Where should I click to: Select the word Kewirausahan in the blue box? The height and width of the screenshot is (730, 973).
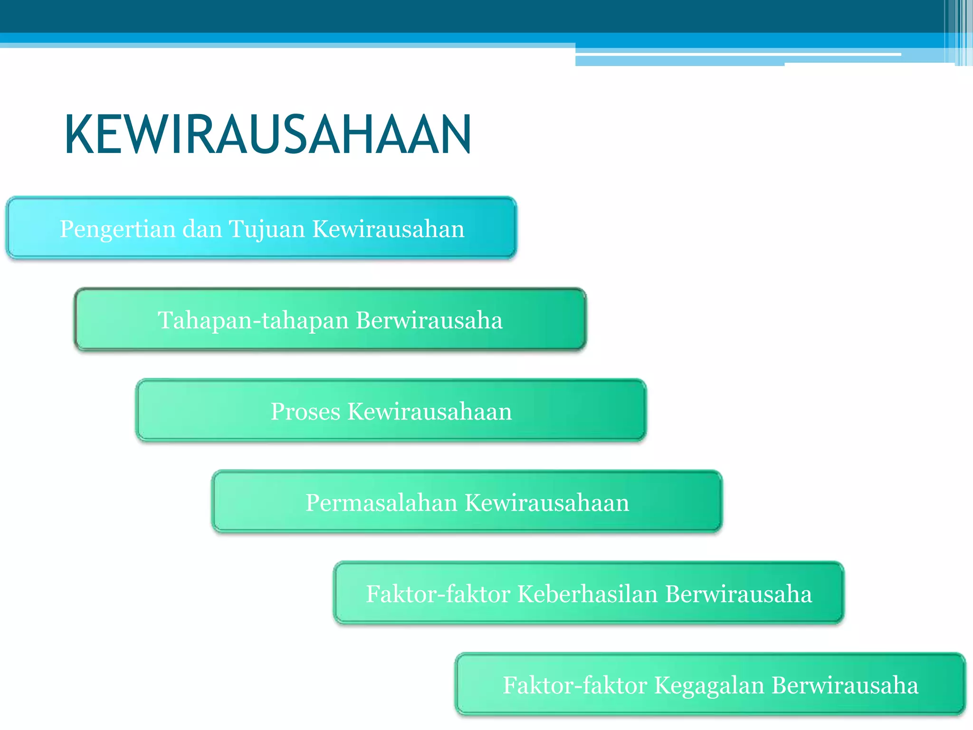point(388,229)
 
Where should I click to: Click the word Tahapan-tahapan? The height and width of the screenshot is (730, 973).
point(253,320)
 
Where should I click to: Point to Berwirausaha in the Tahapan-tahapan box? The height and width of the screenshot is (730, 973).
point(429,320)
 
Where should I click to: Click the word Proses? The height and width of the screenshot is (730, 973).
point(305,412)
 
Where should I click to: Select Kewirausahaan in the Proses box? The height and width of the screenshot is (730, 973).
point(429,412)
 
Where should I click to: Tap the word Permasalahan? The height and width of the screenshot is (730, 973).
point(382,503)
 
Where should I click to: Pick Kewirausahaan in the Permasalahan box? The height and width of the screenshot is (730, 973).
point(547,503)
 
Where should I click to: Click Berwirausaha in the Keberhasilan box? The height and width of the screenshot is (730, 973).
point(738,594)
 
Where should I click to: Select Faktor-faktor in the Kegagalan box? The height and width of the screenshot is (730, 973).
point(575,685)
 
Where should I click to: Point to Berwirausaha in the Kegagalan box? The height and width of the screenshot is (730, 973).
point(845,685)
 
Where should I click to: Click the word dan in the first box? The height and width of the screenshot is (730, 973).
point(202,229)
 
